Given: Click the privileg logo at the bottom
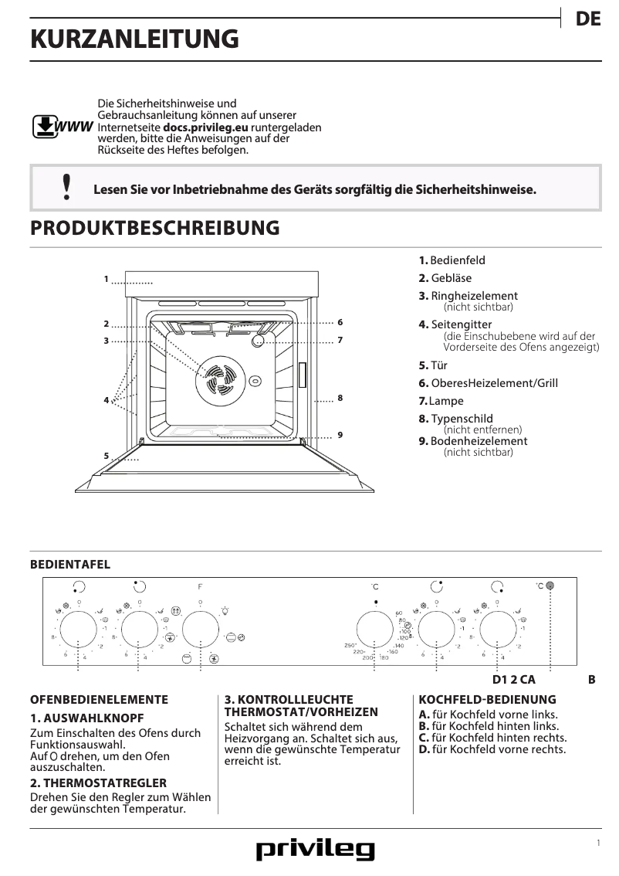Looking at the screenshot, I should pos(315,850).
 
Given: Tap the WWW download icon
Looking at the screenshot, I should pos(46,126).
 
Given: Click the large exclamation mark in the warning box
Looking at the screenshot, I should pos(66,188).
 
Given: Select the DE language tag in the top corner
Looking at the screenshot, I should pos(587,20).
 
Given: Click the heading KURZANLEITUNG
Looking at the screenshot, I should pos(134,39).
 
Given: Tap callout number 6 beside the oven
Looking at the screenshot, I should pos(340,321).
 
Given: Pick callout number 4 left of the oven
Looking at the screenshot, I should pos(107,400).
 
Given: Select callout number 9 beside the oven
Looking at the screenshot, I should pos(340,435).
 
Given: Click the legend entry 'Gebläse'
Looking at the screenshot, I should pos(451,278).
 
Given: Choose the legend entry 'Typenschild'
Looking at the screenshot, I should pos(462,419).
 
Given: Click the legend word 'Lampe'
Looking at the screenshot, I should pos(447,401).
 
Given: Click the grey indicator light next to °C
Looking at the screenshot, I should pos(550,586).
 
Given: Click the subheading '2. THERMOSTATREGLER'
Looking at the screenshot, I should pos(98,783).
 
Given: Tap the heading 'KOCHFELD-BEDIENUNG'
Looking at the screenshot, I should pos(487,700).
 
